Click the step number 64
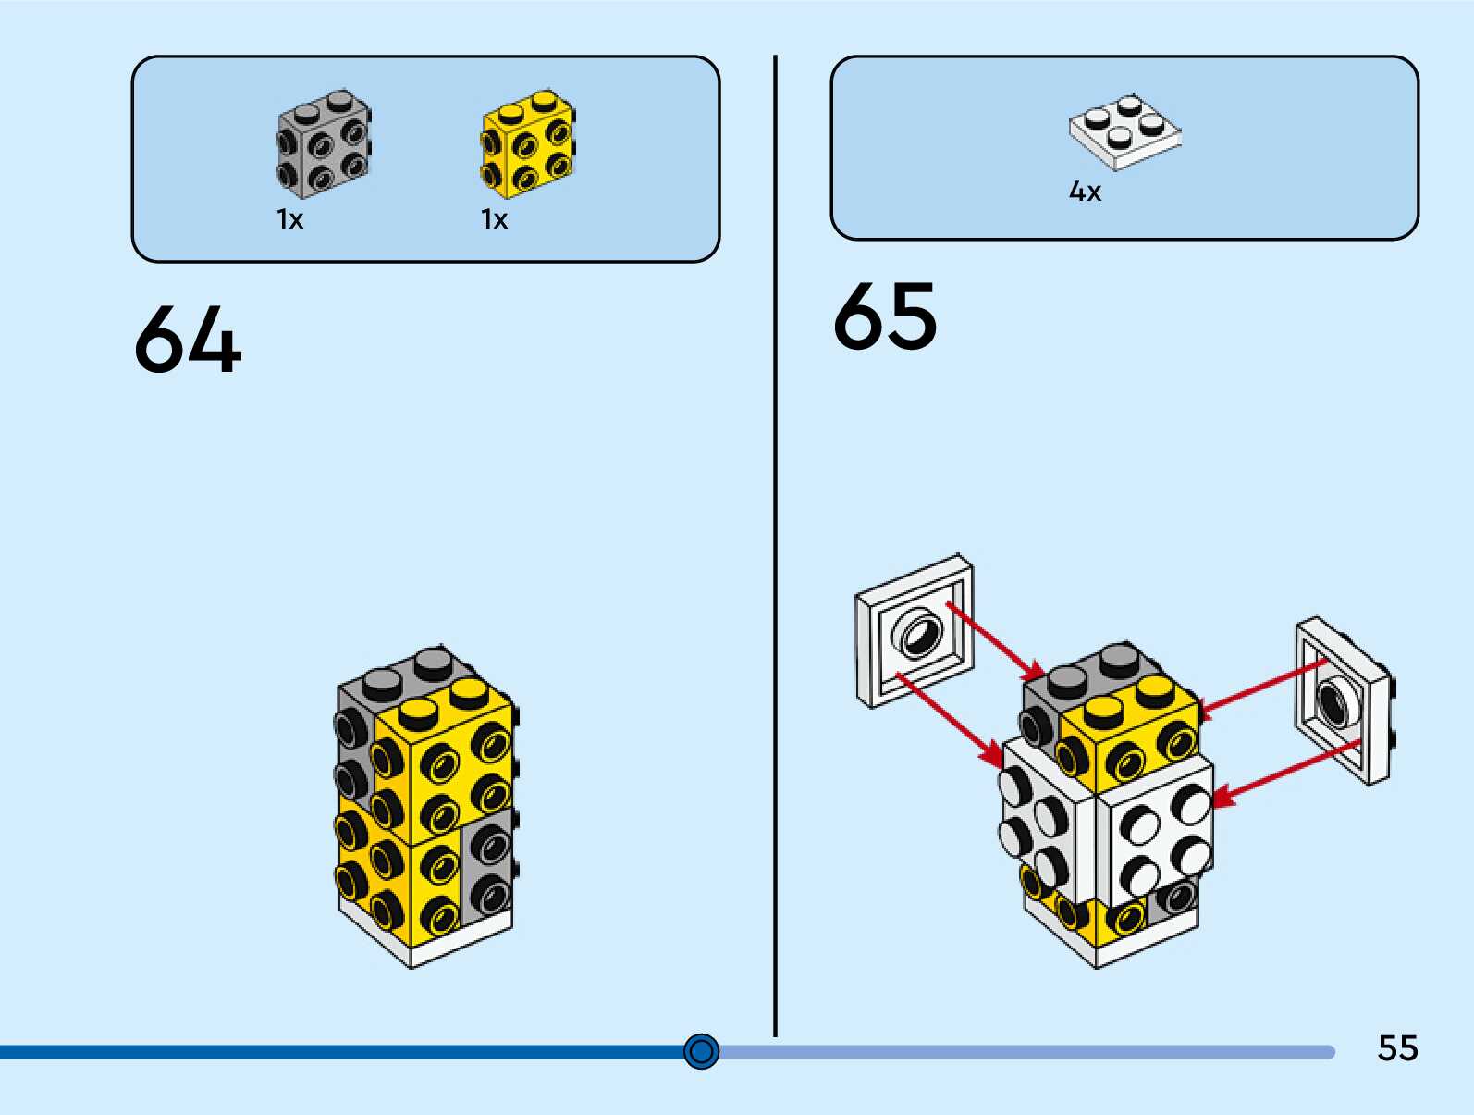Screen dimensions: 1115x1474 click(x=188, y=341)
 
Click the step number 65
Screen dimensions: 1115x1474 click(x=885, y=317)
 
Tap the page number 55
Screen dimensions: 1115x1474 click(x=1397, y=1048)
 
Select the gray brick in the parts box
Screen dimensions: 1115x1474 click(x=324, y=144)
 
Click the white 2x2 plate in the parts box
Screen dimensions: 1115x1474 click(x=1124, y=132)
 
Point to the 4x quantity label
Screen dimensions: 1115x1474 click(x=1085, y=192)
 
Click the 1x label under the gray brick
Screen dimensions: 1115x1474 click(x=289, y=219)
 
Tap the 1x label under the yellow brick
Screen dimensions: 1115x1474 click(x=494, y=219)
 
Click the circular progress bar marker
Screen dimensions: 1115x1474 click(x=701, y=1051)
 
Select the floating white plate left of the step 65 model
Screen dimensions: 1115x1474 click(x=914, y=631)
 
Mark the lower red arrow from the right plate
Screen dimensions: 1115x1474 click(x=1285, y=770)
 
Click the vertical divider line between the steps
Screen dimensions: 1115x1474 click(x=775, y=546)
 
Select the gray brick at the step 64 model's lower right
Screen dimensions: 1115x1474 click(x=487, y=865)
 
